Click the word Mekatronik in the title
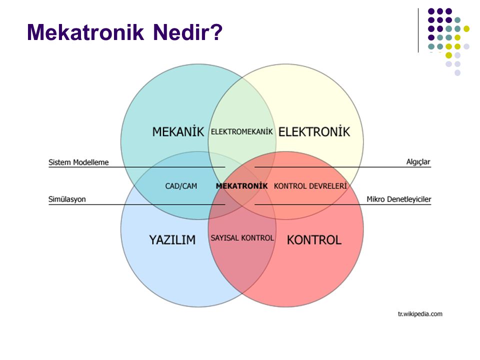point(85,32)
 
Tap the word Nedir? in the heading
point(187,32)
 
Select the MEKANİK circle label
point(178,131)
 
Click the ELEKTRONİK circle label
point(314,131)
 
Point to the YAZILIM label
point(172,239)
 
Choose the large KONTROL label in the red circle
point(314,239)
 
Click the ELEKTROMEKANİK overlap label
point(242,131)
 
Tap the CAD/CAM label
point(181,186)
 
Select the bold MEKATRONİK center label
point(242,186)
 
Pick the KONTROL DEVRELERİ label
point(310,186)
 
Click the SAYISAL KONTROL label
point(242,238)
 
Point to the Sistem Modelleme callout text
point(78,162)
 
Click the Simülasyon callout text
point(67,199)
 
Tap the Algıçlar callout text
point(418,162)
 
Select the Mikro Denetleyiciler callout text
point(399,199)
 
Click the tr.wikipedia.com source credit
point(420,314)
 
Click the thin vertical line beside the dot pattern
point(418,30)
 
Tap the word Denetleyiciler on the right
point(409,199)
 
